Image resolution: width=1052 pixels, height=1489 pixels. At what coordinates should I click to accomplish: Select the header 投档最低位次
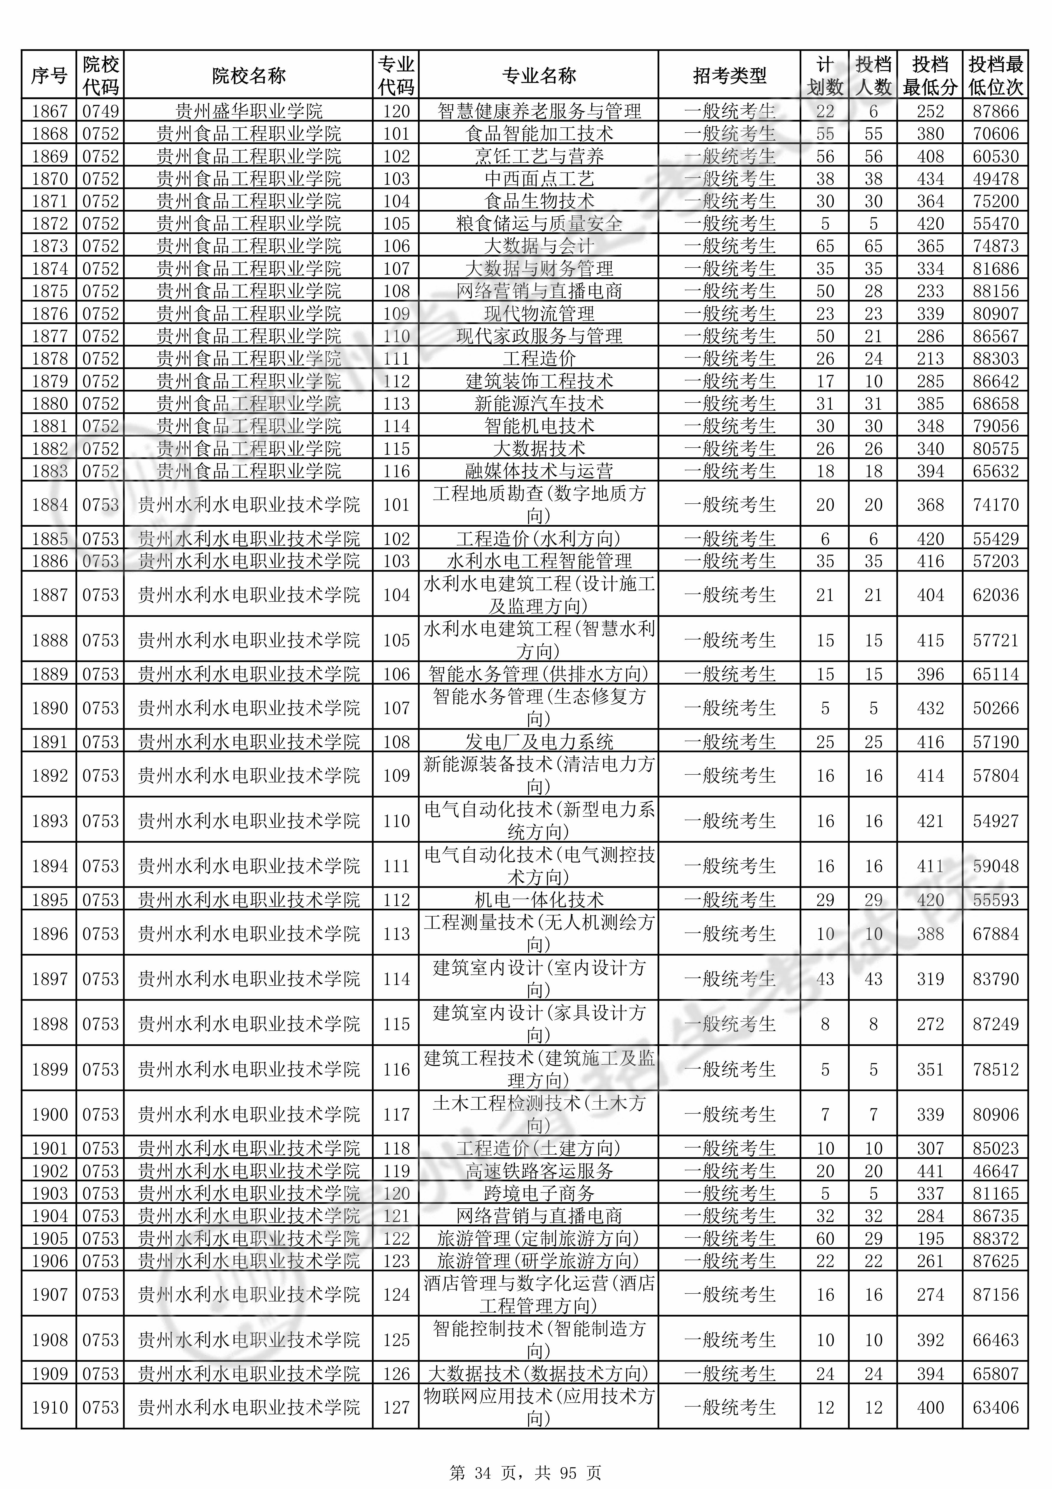click(x=996, y=76)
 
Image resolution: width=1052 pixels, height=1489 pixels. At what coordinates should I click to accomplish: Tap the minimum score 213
click(x=930, y=359)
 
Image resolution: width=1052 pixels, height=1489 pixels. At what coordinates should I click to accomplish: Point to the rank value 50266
click(x=996, y=708)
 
